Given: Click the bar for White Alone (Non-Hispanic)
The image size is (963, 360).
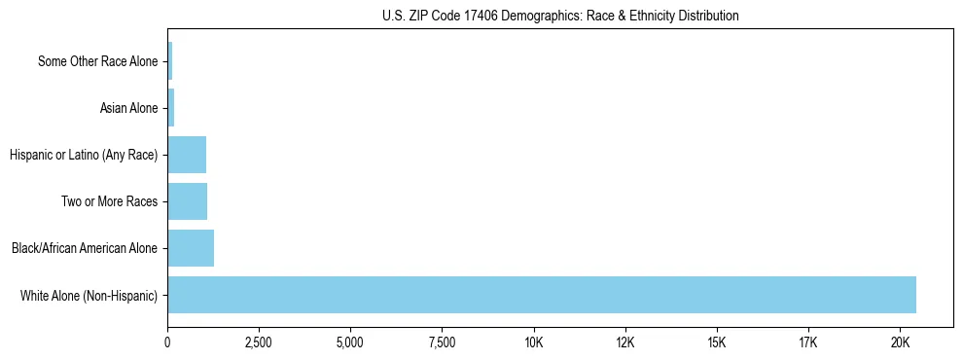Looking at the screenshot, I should pyautogui.click(x=542, y=295).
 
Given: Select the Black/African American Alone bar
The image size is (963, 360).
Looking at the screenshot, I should pyautogui.click(x=191, y=248).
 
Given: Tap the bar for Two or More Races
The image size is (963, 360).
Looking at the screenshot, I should pyautogui.click(x=188, y=201).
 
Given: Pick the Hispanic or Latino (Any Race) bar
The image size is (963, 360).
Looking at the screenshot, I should pyautogui.click(x=187, y=155).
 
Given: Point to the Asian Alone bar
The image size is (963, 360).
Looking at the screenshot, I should pyautogui.click(x=171, y=108).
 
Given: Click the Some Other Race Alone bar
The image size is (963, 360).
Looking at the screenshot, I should pyautogui.click(x=170, y=61).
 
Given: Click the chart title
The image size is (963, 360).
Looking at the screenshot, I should pyautogui.click(x=560, y=16).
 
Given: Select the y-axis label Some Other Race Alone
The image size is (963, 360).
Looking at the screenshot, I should pyautogui.click(x=97, y=61).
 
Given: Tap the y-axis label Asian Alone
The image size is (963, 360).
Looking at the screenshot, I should pyautogui.click(x=128, y=108).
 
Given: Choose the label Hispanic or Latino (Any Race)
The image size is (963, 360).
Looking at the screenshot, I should pyautogui.click(x=83, y=155).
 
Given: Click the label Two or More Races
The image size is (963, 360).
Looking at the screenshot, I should pyautogui.click(x=114, y=201).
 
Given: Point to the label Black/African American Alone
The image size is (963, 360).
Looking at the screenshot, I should pyautogui.click(x=85, y=248).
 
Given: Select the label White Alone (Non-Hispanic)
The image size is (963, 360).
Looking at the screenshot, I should pyautogui.click(x=89, y=295).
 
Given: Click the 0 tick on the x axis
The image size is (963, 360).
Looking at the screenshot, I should pyautogui.click(x=167, y=342).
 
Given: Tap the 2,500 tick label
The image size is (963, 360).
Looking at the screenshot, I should pyautogui.click(x=259, y=342).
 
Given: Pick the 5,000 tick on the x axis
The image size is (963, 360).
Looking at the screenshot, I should pyautogui.click(x=350, y=342).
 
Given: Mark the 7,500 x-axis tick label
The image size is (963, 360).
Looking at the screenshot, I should pyautogui.click(x=442, y=342).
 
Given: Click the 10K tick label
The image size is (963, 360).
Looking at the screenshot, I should pyautogui.click(x=533, y=342).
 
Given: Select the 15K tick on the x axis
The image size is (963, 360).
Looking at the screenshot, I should pyautogui.click(x=717, y=342).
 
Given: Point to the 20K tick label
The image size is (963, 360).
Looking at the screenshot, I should pyautogui.click(x=900, y=342).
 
